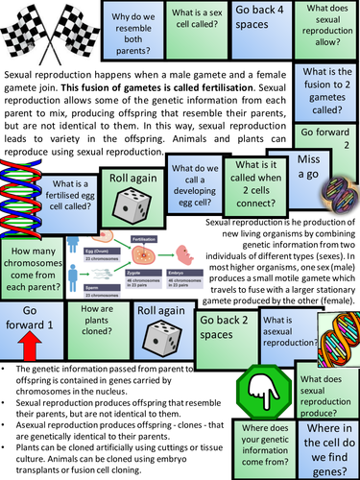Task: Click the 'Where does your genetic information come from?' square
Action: tap(265, 443)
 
